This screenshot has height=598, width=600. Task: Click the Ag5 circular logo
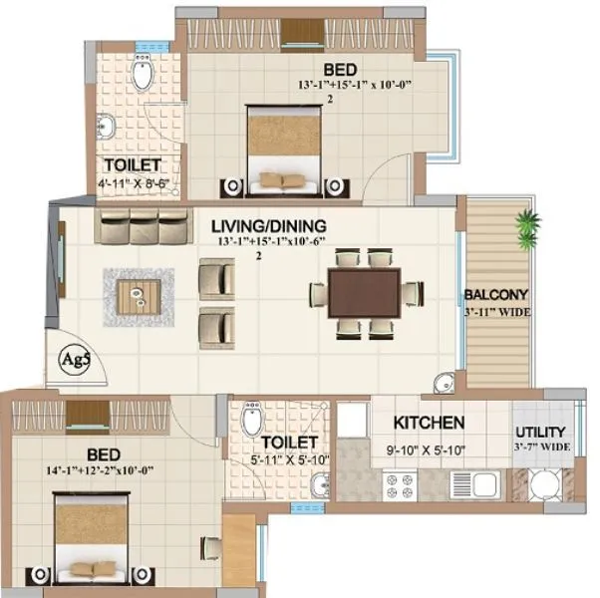72,357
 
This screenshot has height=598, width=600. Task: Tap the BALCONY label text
495,295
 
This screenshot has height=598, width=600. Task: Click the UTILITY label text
541,432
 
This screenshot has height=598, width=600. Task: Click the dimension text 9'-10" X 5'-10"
426,448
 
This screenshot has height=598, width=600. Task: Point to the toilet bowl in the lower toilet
253,419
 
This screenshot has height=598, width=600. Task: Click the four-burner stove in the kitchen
402,488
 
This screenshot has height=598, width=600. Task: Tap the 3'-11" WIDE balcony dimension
495,312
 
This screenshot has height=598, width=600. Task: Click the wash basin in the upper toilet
107,127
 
